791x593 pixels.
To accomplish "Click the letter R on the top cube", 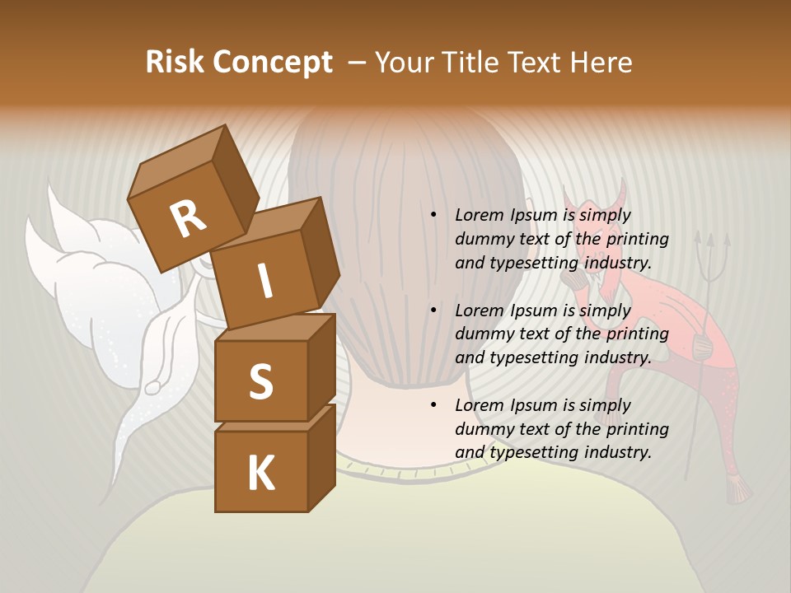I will (x=188, y=219).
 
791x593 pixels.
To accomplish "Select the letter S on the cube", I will (x=260, y=382).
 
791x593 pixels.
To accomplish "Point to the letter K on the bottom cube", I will (x=260, y=474).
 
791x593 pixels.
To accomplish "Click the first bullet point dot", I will (x=433, y=216).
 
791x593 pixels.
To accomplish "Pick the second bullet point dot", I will (x=433, y=311).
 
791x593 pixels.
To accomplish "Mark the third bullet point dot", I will (x=433, y=405).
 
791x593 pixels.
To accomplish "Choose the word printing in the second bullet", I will (x=637, y=334).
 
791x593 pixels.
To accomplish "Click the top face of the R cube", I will (x=178, y=165).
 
